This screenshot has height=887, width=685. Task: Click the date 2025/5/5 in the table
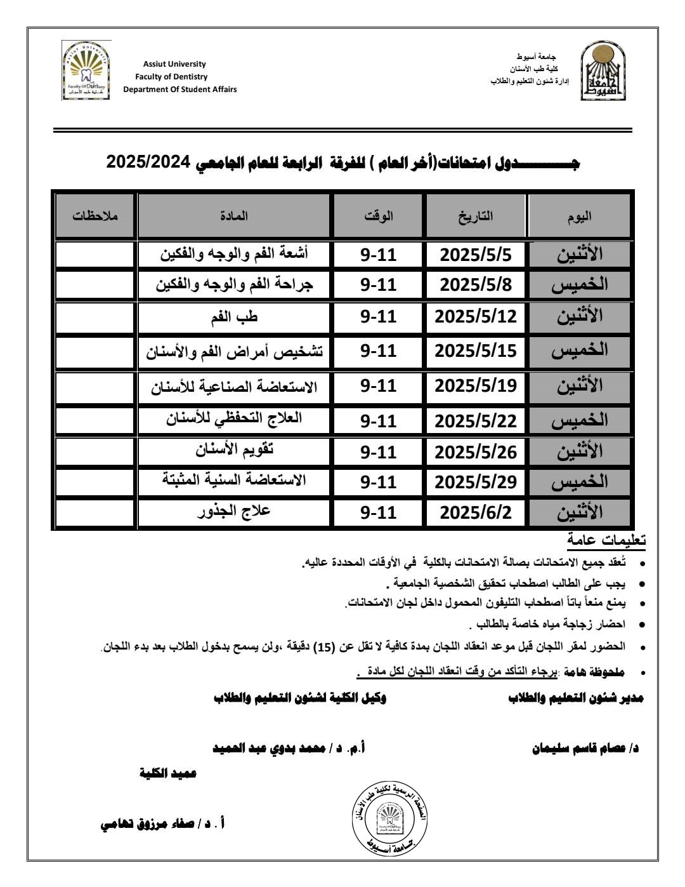coord(476,255)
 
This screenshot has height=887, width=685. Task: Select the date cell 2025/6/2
coord(476,512)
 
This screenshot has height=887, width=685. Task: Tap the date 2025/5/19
coord(476,385)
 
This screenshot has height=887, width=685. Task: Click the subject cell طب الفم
coord(234,317)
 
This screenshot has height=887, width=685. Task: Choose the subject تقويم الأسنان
coord(234,450)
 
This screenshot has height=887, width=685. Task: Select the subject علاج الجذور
coord(234,510)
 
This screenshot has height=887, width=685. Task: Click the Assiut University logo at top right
coord(597,71)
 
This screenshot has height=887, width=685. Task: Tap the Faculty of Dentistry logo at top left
coord(87,70)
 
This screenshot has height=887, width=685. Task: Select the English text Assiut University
coord(174,64)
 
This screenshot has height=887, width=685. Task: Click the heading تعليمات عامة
coord(607,540)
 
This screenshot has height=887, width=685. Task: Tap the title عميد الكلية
coord(168,773)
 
